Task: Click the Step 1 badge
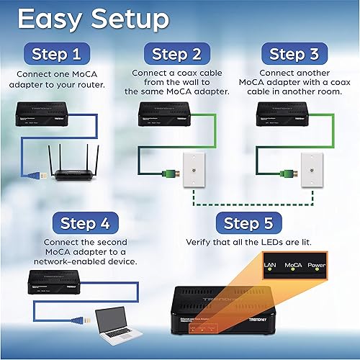(x=61, y=53)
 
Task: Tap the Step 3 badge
(x=297, y=53)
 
